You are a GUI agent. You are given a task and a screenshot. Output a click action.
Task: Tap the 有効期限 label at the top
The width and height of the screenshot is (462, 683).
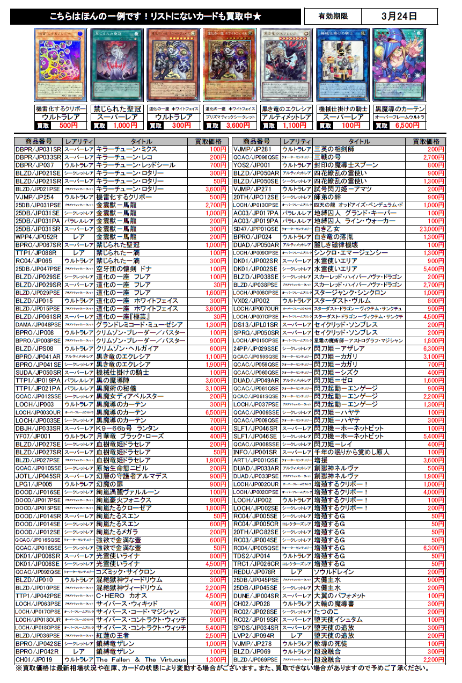point(333,16)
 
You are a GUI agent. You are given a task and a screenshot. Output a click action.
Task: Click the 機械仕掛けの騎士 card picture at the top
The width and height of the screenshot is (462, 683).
point(342,64)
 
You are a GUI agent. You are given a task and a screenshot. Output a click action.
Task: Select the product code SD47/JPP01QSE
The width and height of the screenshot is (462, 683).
point(256,229)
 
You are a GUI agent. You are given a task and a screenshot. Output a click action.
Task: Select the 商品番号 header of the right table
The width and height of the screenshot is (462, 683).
point(256,141)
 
